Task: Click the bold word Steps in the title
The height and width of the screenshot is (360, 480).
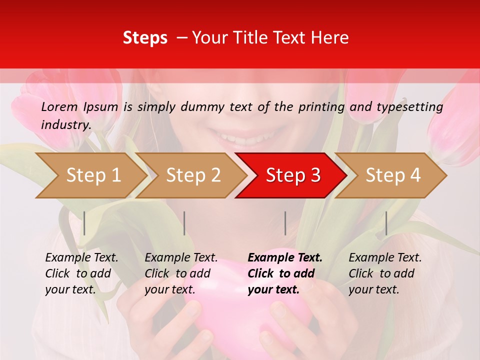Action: tap(145, 38)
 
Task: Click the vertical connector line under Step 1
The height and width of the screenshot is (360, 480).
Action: tap(84, 223)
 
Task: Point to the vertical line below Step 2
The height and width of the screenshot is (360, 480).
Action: tap(184, 223)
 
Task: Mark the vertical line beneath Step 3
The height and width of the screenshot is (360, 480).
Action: tap(285, 223)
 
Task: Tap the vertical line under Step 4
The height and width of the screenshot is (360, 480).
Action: tap(386, 223)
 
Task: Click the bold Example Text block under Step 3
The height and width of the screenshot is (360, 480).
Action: tap(285, 273)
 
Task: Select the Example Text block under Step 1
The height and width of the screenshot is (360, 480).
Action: tap(81, 273)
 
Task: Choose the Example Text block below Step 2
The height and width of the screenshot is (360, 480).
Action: tap(181, 273)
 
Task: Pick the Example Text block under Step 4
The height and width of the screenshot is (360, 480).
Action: tap(385, 273)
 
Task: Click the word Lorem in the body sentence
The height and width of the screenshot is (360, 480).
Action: tap(59, 107)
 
